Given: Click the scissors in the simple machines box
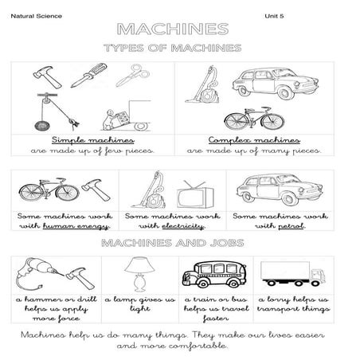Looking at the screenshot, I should click(127, 76).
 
